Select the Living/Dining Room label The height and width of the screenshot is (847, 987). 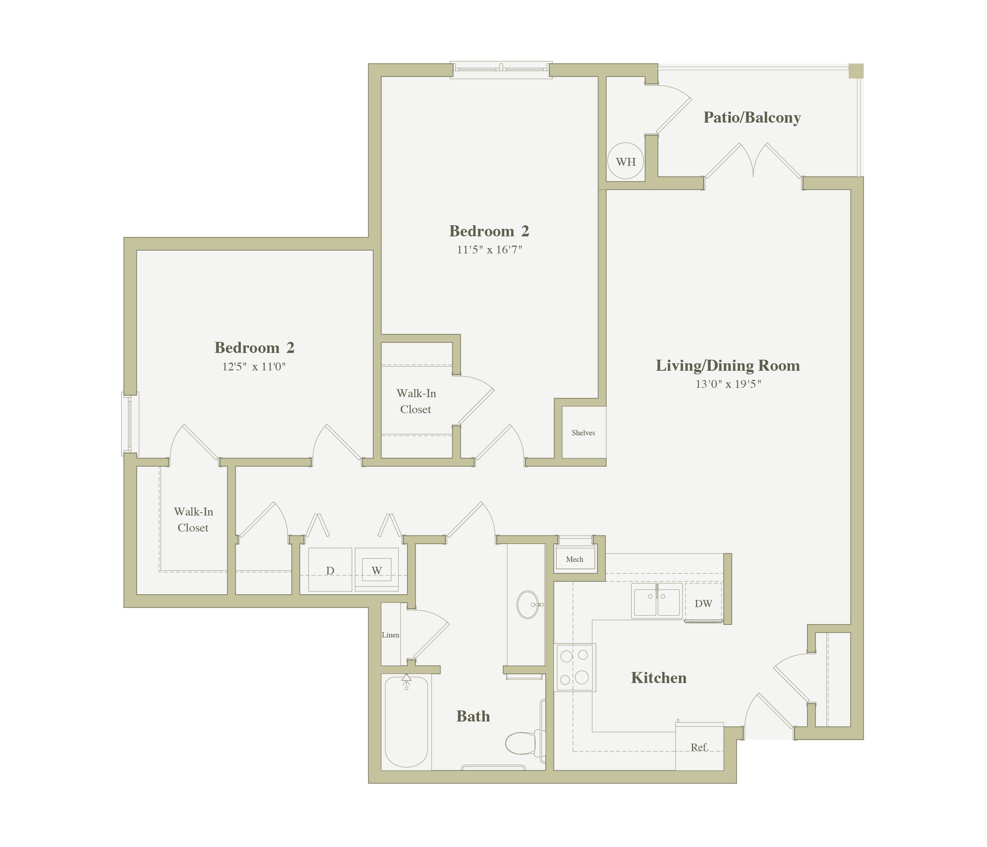727,366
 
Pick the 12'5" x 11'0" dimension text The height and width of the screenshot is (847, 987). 254,366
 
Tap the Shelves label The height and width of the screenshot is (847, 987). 583,433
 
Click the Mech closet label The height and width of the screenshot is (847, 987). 575,559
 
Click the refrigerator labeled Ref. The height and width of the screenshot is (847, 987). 699,746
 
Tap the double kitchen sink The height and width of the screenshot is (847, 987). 657,601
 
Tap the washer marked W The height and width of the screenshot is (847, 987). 376,570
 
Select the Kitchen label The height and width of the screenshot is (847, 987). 659,678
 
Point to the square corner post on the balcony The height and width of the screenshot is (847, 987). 856,71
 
